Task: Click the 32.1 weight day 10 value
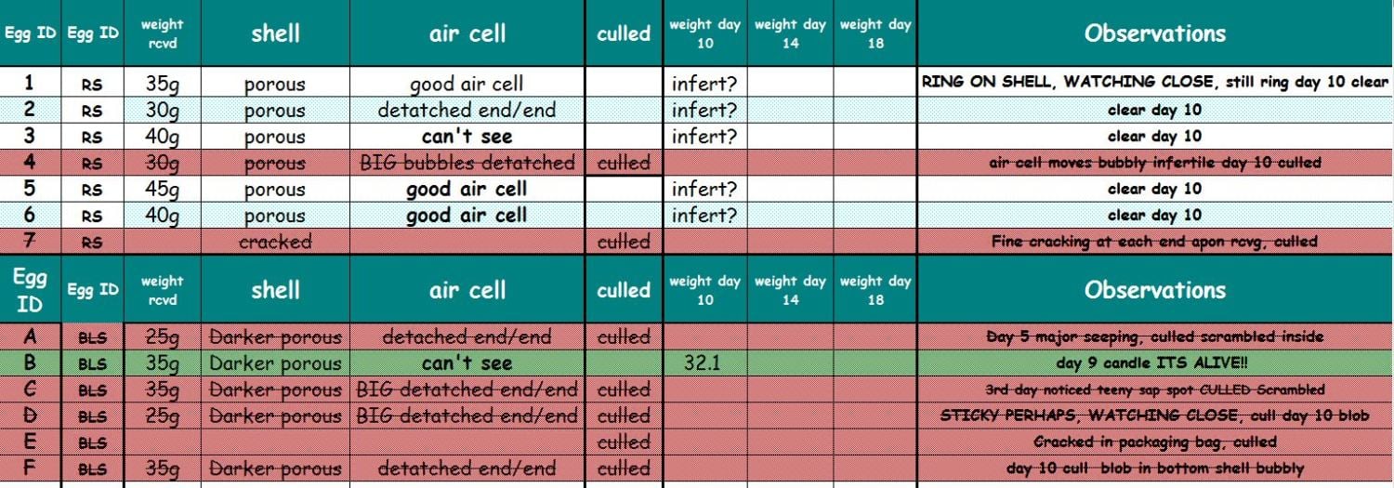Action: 703,363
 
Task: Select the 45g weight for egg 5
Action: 162,190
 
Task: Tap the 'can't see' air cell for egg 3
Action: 467,137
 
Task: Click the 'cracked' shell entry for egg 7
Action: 275,242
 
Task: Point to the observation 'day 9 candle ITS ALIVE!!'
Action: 1154,363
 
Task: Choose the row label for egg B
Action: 30,363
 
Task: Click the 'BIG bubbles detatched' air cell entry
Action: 467,163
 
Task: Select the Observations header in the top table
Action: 1154,33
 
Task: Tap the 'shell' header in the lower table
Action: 275,290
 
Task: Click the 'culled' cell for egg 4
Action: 624,163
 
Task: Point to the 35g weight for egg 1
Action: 162,85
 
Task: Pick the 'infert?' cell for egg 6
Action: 704,216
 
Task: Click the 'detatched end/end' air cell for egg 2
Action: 467,111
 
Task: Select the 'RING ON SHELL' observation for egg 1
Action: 1154,82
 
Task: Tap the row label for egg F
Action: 30,468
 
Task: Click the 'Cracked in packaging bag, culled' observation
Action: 1154,442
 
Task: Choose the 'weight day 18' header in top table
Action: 875,33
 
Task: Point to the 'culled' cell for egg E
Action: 624,442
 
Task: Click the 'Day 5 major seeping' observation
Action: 1154,336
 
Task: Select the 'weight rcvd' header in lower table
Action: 162,290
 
